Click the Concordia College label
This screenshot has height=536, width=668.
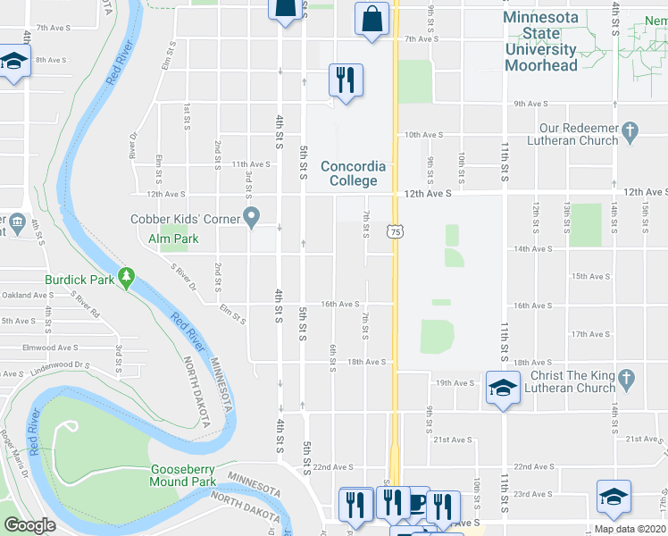(x=354, y=173)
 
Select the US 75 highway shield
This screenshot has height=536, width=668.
(x=394, y=231)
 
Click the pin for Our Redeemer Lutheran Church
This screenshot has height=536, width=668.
(x=630, y=130)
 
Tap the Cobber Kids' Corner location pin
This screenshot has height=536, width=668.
(x=252, y=218)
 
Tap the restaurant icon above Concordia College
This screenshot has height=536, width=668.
(x=345, y=80)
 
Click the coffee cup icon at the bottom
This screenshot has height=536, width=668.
(x=415, y=503)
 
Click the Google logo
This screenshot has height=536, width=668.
(x=30, y=525)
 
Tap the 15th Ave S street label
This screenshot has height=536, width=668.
(x=590, y=277)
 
